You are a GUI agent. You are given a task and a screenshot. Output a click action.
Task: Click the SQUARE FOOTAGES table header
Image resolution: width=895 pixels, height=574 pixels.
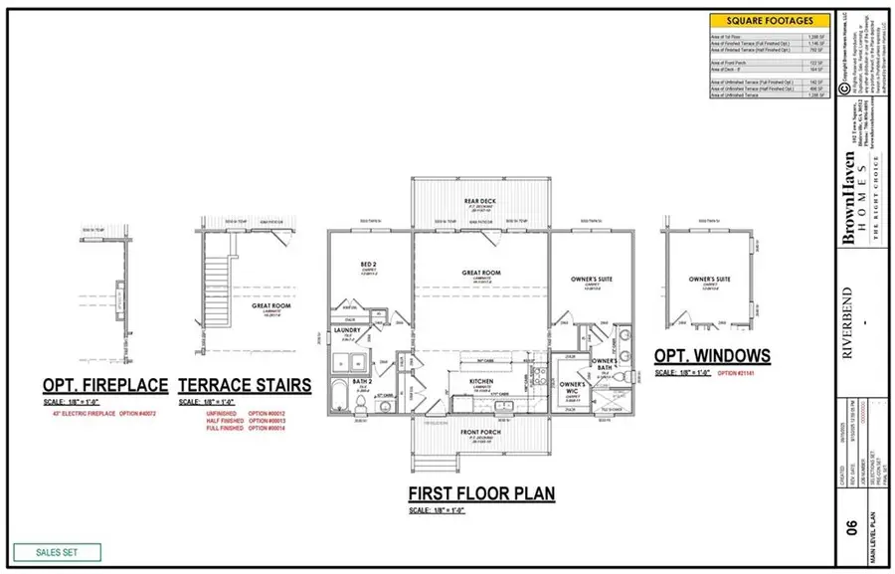click(771, 20)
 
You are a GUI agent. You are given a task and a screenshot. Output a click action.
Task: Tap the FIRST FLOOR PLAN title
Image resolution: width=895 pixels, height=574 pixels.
click(481, 492)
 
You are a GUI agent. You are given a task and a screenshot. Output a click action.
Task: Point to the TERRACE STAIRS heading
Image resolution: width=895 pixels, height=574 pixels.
click(244, 385)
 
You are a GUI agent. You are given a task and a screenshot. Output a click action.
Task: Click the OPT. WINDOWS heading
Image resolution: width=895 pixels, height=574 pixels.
click(711, 355)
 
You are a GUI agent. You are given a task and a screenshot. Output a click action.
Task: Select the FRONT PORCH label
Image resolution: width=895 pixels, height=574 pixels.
click(480, 432)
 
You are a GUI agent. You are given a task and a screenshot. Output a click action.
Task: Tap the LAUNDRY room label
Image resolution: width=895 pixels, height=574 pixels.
click(346, 330)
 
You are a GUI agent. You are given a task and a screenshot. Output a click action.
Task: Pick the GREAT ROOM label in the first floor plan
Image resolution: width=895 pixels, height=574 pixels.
click(480, 272)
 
